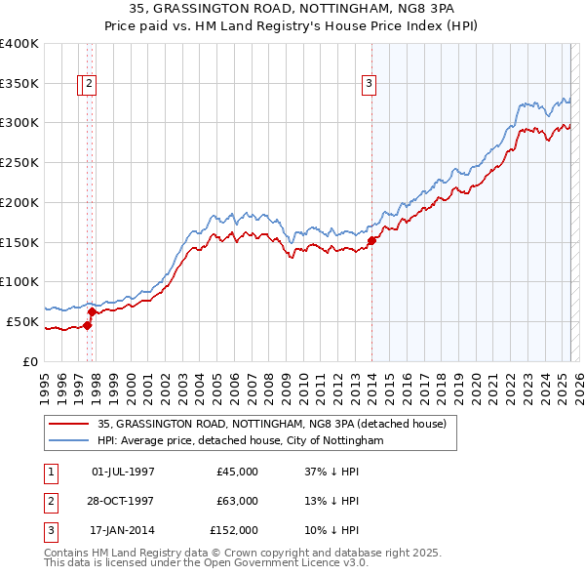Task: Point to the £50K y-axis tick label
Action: [x=21, y=321]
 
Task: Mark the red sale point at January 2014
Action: [x=371, y=241]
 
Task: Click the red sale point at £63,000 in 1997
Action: [x=92, y=311]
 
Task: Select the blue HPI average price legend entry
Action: [x=240, y=441]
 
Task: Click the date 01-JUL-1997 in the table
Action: [x=123, y=472]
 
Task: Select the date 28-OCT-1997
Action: [x=123, y=502]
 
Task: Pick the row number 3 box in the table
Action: [x=50, y=531]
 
